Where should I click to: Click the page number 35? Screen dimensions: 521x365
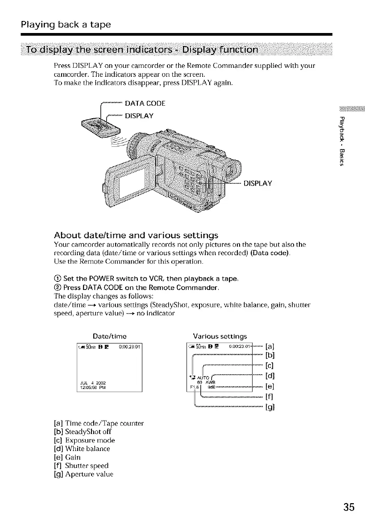coord(349,507)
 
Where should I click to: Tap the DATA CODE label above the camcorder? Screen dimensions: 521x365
coord(145,103)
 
